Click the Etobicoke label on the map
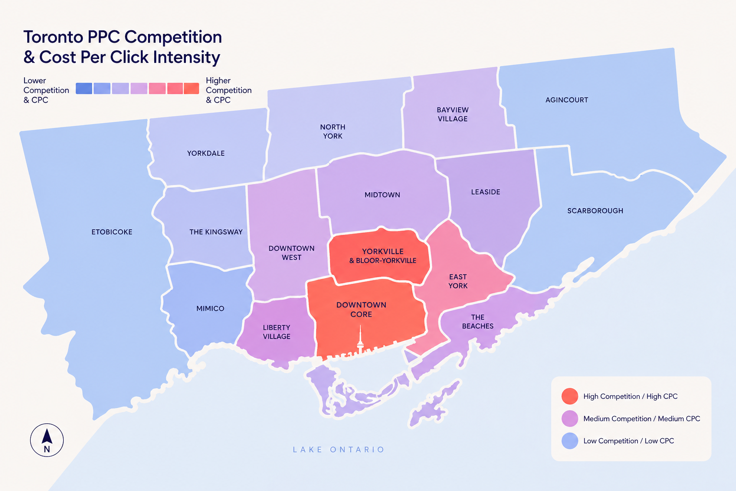(x=112, y=232)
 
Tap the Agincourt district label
(x=566, y=100)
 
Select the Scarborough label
(x=595, y=211)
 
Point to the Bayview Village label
(x=452, y=115)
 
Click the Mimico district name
(x=210, y=309)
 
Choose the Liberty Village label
(x=276, y=332)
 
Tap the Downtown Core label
(x=361, y=310)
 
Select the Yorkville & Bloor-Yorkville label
(x=382, y=256)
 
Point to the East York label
(x=458, y=281)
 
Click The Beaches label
(x=477, y=322)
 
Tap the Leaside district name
(x=485, y=192)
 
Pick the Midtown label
(x=382, y=195)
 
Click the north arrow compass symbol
(x=47, y=440)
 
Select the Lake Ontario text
(x=338, y=450)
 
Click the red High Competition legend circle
(x=570, y=397)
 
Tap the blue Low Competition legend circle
(x=570, y=441)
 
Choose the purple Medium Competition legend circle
(x=570, y=419)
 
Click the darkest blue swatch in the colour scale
(x=84, y=88)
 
